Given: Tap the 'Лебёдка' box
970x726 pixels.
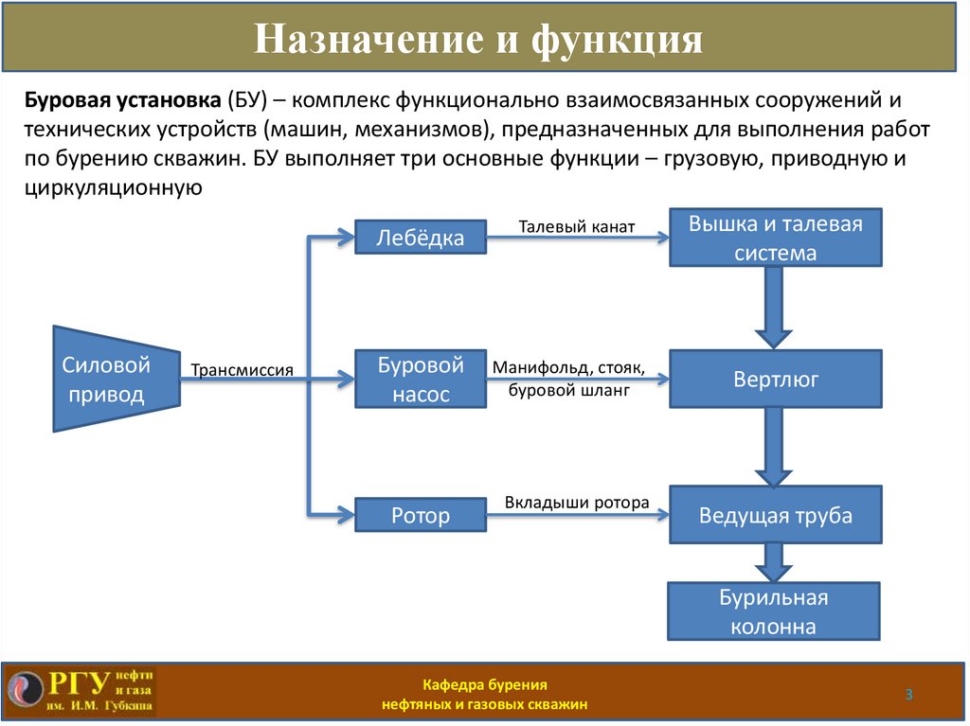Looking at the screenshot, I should [x=420, y=238].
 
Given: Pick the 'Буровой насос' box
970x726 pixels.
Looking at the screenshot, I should [x=420, y=380].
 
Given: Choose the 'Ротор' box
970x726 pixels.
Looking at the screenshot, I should [x=420, y=516].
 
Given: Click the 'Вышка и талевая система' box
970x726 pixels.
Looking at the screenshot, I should [x=775, y=238].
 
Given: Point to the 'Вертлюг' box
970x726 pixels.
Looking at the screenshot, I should [x=775, y=380].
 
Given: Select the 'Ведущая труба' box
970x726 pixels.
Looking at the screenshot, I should [x=775, y=516].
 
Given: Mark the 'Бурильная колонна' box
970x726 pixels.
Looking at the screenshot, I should [x=775, y=611].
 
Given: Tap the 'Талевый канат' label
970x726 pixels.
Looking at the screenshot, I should [x=576, y=227].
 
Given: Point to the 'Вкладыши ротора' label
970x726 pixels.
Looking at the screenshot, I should [x=576, y=503].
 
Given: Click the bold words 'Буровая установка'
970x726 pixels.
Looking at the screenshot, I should [x=123, y=100].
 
